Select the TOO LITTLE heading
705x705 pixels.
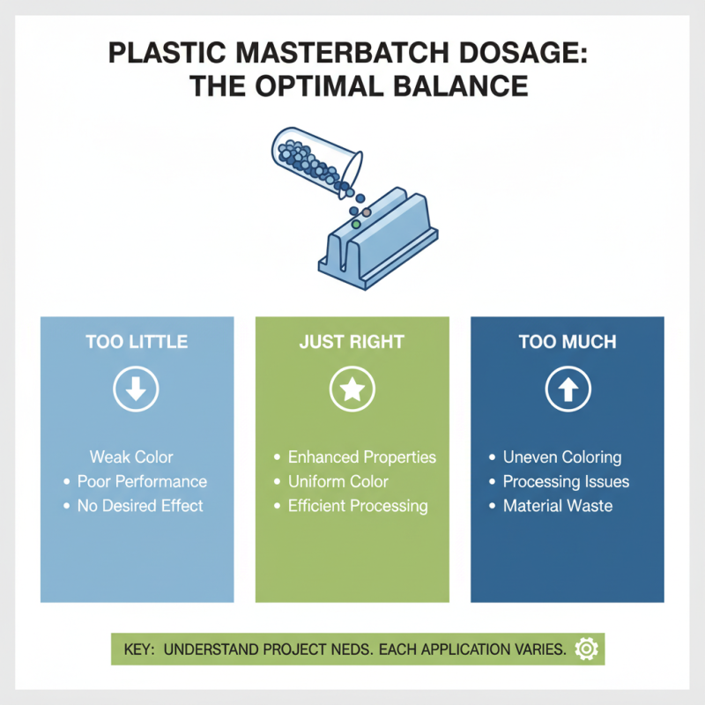pos(137,342)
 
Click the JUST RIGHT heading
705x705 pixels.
pos(352,342)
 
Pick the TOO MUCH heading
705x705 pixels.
pos(567,342)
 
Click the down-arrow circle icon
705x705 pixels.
pos(137,389)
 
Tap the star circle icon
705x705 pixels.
pos(352,389)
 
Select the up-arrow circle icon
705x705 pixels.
pos(567,389)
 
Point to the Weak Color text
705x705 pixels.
pos(131,457)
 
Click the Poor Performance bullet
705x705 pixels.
pos(142,482)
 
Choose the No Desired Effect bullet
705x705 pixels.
pos(140,506)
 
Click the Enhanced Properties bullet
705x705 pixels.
pos(362,457)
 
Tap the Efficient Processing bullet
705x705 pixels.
pos(358,506)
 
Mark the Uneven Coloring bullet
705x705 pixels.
pos(561,457)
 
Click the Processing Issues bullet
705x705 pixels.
pos(566,482)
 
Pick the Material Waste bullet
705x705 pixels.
pos(557,506)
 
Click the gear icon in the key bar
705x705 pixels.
pos(584,649)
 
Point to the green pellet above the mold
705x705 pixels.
pos(356,225)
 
